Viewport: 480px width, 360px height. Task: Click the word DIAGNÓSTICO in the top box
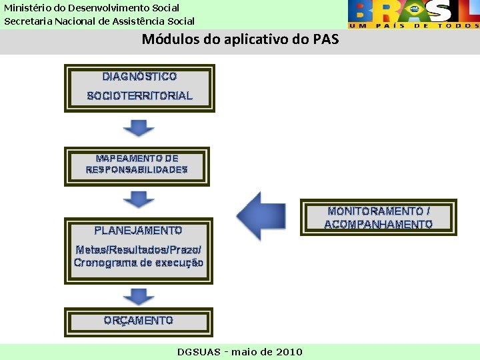click(139, 77)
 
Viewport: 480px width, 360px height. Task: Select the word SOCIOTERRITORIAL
click(139, 96)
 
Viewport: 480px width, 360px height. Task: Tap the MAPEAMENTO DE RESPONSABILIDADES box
click(137, 165)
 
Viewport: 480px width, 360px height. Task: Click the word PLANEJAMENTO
click(138, 231)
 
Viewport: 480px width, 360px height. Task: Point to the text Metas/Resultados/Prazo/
click(138, 250)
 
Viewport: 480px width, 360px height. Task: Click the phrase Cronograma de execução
click(138, 263)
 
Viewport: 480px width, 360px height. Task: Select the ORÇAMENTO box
click(138, 321)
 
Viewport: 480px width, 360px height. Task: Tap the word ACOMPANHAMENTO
click(378, 225)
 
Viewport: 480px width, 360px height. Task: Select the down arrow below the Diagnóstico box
click(139, 127)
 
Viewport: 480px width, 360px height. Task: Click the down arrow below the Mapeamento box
click(139, 199)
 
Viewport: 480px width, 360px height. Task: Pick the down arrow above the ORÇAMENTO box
click(139, 296)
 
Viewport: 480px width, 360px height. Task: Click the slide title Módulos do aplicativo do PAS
click(240, 39)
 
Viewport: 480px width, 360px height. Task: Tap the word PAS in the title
click(325, 39)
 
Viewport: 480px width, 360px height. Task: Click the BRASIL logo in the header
click(413, 11)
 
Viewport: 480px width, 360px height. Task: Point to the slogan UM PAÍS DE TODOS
click(413, 25)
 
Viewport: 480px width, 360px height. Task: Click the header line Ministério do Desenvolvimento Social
click(92, 8)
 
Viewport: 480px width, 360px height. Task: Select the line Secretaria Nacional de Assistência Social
click(99, 21)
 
